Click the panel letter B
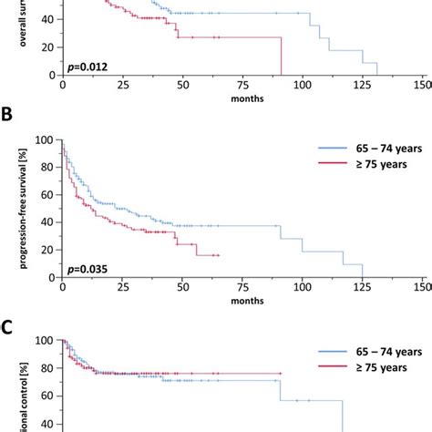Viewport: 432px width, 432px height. (10, 119)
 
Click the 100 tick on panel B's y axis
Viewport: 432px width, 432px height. (46, 140)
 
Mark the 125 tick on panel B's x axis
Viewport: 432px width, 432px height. (363, 287)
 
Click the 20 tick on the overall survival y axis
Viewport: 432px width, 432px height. (48, 48)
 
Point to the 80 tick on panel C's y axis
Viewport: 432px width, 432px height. (48, 368)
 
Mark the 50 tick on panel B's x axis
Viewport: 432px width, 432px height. (182, 287)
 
